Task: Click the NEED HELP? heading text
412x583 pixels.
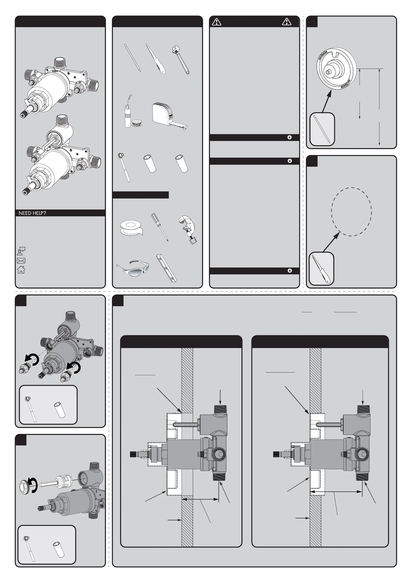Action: tap(33, 213)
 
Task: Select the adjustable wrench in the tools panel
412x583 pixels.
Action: tap(181, 60)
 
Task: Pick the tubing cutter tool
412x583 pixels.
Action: tap(188, 229)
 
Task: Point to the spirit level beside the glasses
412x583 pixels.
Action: tap(167, 268)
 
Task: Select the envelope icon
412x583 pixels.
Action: tap(21, 260)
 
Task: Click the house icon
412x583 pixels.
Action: tap(21, 269)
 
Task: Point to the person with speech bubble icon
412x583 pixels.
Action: tap(21, 251)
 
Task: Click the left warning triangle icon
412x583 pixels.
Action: tap(217, 22)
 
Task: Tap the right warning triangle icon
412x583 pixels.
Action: tap(286, 22)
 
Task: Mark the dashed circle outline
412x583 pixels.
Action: tap(332, 211)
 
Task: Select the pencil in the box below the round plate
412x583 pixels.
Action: tap(322, 129)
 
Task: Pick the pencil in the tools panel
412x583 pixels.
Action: tap(132, 58)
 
